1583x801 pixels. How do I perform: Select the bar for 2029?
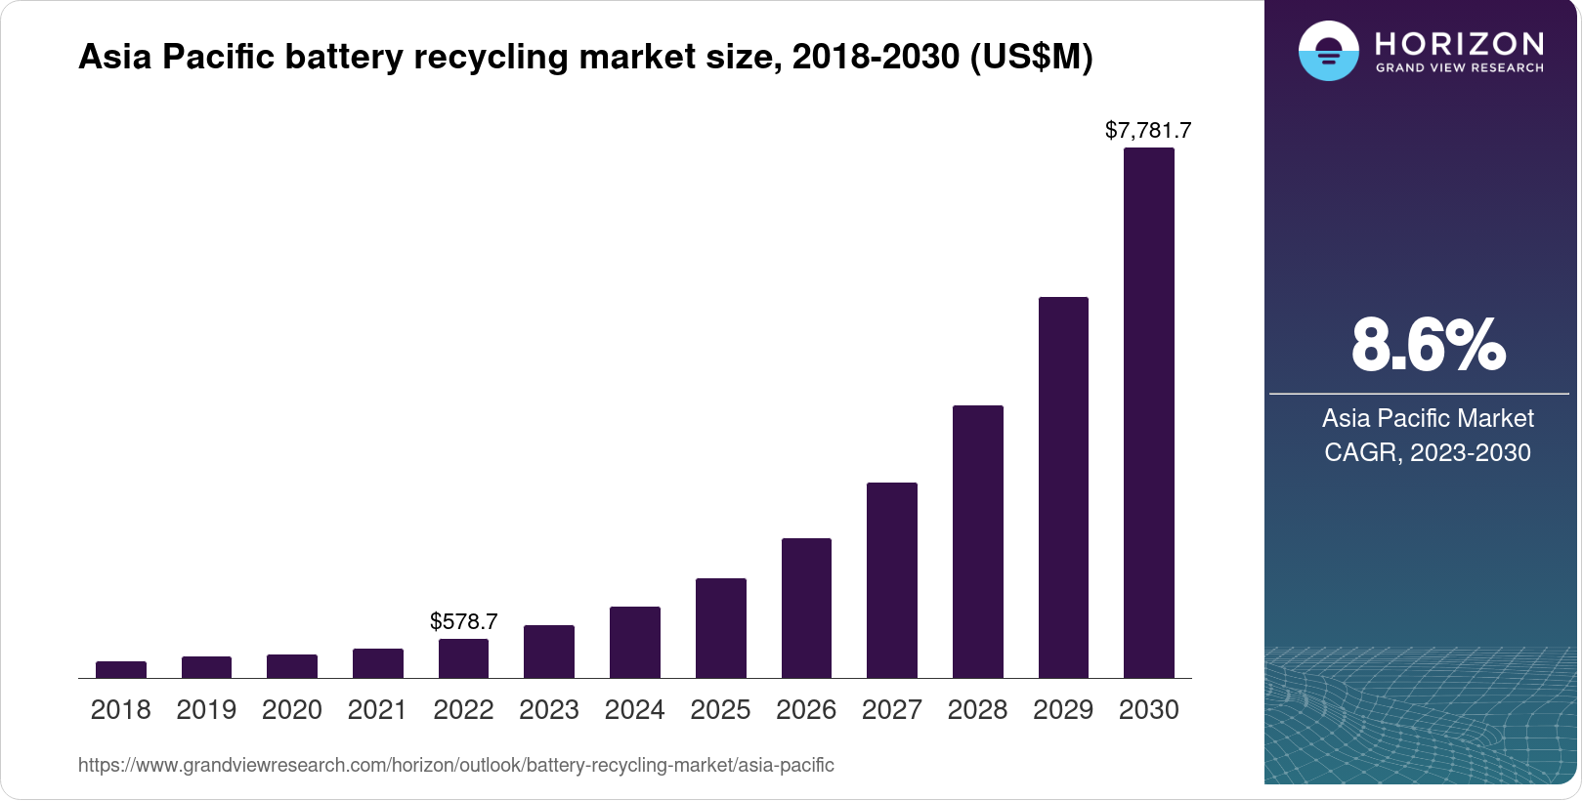1063,487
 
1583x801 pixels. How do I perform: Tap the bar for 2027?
891,580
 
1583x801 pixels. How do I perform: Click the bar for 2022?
463,658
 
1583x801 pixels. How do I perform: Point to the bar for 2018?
121,669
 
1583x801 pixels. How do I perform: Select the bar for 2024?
635,642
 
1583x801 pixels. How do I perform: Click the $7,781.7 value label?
1148,130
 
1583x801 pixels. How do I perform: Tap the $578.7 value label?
463,621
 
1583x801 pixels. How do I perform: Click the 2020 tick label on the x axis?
292,709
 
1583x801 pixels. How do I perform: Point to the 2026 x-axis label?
806,709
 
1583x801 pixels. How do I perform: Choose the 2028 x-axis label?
977,709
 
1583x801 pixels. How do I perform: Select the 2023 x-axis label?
549,709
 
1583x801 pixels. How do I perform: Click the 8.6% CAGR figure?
1428,345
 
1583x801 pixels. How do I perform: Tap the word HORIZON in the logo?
1459,43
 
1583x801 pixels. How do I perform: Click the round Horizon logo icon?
1328,51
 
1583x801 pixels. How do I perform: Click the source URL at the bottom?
456,765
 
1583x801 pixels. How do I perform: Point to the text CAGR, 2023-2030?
1427,452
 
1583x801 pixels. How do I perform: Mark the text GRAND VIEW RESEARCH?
1459,68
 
